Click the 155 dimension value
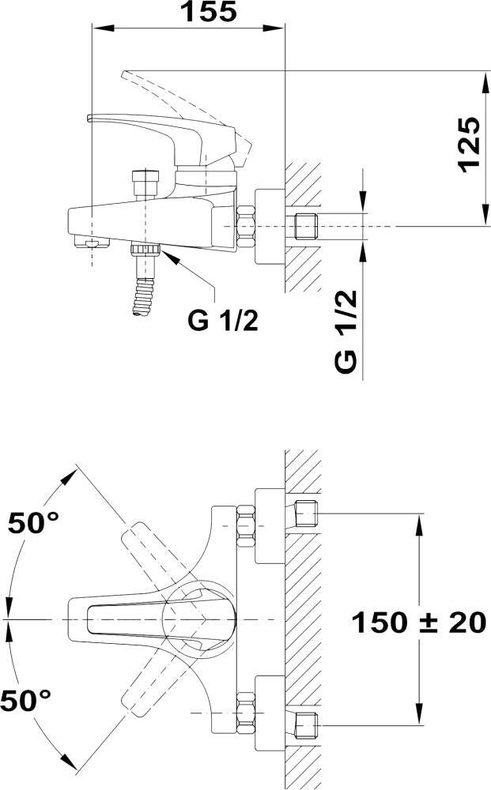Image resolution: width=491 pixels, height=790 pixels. click(209, 12)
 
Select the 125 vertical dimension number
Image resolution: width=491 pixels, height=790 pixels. click(470, 145)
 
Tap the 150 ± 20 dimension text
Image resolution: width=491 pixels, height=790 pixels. click(418, 623)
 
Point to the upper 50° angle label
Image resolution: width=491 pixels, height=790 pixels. click(33, 523)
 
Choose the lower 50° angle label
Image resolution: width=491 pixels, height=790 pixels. click(26, 700)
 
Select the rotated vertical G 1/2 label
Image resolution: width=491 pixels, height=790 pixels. click(346, 332)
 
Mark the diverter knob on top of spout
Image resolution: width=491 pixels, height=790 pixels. click(145, 184)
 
